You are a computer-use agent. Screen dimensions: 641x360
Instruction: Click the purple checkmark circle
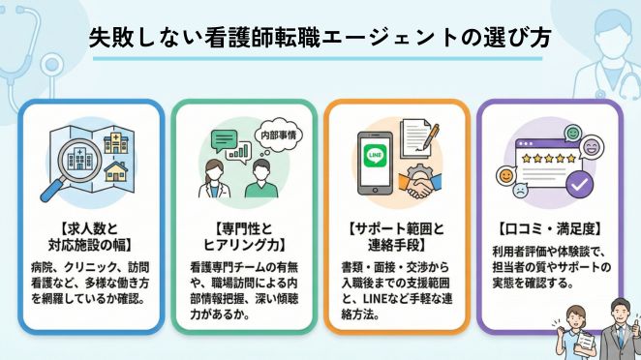click(579, 181)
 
